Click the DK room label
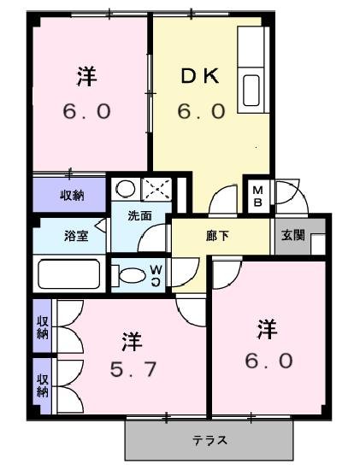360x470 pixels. [x=200, y=76]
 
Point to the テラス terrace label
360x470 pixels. [x=209, y=441]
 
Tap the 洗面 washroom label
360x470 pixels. [x=139, y=216]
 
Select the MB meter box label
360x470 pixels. [x=257, y=197]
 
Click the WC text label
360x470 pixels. [x=156, y=273]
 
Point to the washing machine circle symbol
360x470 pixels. [x=126, y=188]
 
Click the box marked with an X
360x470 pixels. [x=156, y=188]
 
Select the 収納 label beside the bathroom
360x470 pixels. [x=71, y=196]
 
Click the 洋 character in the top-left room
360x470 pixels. [x=86, y=76]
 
